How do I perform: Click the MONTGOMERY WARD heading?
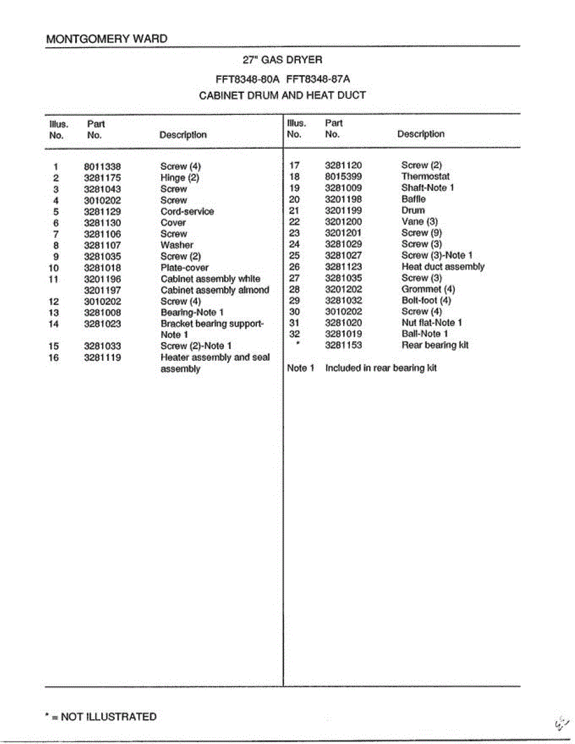tap(107, 38)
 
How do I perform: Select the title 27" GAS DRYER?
tap(282, 60)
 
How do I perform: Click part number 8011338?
tap(102, 167)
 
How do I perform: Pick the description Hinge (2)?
tap(180, 178)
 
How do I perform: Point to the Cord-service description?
tap(187, 211)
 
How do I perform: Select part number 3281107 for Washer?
tap(102, 245)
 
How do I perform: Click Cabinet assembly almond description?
tap(215, 290)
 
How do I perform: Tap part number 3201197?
tap(102, 290)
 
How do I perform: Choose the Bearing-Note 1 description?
tap(192, 312)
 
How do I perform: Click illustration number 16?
tap(54, 357)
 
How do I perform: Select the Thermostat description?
tap(426, 177)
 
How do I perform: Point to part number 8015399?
tap(344, 177)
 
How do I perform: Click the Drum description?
tap(413, 210)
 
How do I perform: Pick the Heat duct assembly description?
tap(443, 267)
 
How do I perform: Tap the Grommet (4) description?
tap(428, 289)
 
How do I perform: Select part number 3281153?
tap(344, 345)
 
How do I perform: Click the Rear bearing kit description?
tap(435, 345)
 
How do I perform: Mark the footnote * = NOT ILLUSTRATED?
tap(101, 717)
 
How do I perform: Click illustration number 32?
tap(295, 334)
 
